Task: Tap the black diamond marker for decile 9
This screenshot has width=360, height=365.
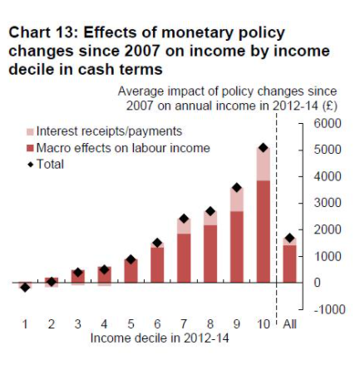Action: click(x=236, y=188)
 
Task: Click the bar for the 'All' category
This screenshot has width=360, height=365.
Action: click(x=289, y=263)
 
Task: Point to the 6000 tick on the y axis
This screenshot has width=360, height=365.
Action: click(x=328, y=123)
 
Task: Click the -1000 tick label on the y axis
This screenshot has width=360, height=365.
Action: click(x=327, y=309)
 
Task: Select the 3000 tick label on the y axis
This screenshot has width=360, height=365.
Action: click(x=328, y=203)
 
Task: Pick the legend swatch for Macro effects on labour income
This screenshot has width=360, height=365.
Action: click(x=29, y=148)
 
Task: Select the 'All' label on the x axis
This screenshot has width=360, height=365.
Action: click(x=289, y=324)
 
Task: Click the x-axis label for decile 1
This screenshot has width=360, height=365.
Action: click(x=25, y=324)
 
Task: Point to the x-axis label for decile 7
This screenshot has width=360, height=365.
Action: click(x=184, y=324)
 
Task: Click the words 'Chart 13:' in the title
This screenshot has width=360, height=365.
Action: click(x=40, y=33)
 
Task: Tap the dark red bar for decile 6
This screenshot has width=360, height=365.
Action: click(x=157, y=264)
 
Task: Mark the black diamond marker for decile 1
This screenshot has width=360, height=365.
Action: click(x=25, y=288)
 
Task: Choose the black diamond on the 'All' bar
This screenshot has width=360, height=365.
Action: click(x=289, y=239)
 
